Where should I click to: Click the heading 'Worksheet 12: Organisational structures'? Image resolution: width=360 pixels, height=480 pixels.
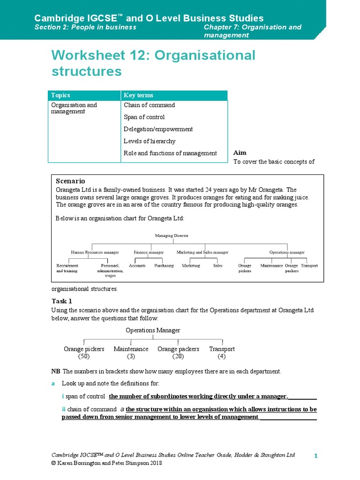click(x=153, y=63)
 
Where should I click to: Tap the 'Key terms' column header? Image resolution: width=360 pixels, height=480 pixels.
click(x=138, y=95)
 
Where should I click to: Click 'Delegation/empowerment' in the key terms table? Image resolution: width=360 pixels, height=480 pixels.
click(x=158, y=129)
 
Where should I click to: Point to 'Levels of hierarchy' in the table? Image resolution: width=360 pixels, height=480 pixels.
click(x=149, y=141)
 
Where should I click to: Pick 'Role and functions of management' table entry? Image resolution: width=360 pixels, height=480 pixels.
click(x=170, y=153)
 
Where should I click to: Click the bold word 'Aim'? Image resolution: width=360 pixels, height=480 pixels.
click(x=240, y=153)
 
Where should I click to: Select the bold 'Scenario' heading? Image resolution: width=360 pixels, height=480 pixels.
click(x=70, y=181)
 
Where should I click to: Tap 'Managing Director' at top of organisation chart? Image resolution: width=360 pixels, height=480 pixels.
click(x=171, y=235)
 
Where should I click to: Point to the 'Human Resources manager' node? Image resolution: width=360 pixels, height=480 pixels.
click(x=95, y=252)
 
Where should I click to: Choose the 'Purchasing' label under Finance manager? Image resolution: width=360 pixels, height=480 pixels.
click(x=164, y=265)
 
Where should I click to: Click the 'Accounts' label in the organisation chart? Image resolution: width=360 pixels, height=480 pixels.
click(x=137, y=265)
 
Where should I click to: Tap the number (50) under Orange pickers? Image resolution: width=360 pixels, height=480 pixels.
click(x=83, y=357)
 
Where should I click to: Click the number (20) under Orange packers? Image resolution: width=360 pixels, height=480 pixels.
click(x=178, y=357)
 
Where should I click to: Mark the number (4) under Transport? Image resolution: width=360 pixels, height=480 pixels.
click(x=222, y=357)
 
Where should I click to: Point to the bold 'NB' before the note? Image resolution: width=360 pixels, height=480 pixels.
click(x=55, y=371)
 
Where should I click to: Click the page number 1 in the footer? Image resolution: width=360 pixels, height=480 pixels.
click(x=316, y=456)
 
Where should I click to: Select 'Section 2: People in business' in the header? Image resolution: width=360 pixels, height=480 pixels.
click(x=85, y=27)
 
